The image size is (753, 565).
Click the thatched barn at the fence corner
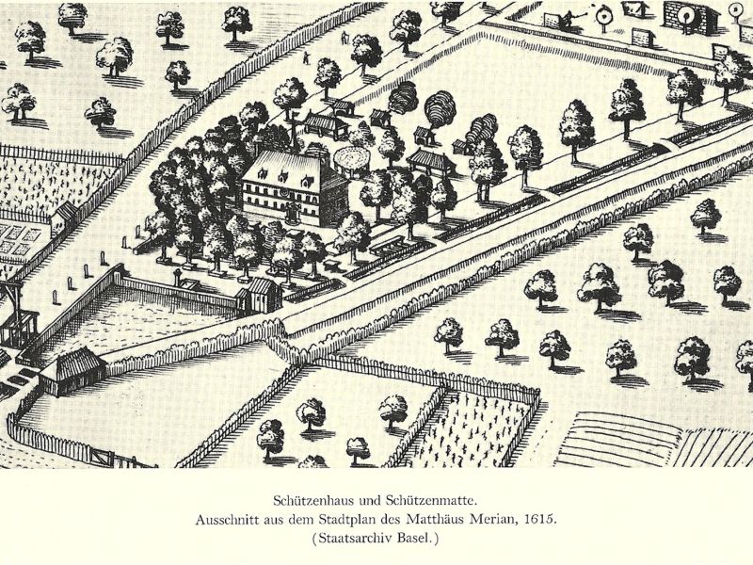[x=71, y=367]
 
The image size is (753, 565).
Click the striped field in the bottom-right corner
[x=640, y=438]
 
